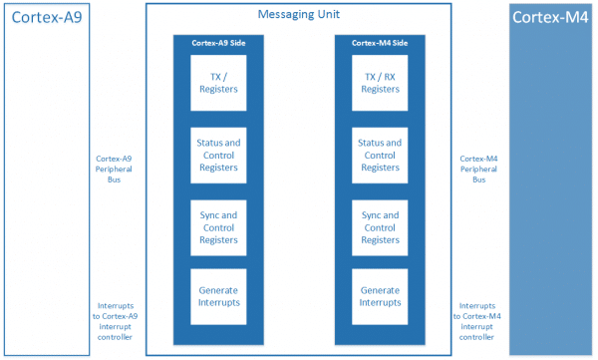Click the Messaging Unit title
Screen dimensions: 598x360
299,15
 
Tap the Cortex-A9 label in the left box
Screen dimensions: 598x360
47,17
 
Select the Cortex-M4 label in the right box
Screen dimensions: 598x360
550,17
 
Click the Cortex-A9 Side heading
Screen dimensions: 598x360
218,43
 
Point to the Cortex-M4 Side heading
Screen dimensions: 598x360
380,43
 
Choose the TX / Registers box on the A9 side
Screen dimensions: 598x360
218,83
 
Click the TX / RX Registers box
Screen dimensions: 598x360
380,83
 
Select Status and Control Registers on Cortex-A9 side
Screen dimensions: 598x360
218,156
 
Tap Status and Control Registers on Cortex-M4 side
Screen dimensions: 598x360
380,156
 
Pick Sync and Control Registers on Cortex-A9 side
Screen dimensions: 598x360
218,228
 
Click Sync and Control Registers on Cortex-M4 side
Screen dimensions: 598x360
380,228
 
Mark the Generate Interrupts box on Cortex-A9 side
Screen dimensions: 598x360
218,297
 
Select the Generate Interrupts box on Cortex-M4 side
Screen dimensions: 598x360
380,297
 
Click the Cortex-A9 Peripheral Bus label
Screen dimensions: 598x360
114,170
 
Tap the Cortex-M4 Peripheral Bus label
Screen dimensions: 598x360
478,170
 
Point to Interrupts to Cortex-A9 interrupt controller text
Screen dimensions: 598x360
115,321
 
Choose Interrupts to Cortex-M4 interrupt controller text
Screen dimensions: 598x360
476,321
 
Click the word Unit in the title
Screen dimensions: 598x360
328,15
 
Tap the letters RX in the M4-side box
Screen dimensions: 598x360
390,77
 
